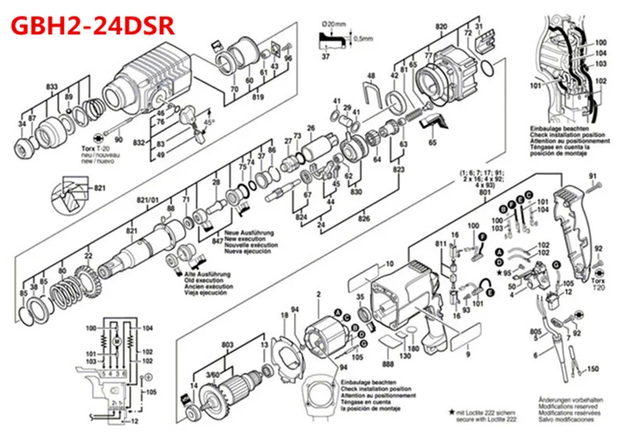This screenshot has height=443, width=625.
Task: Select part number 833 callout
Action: coord(52,85)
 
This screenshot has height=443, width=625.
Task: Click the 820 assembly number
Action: coord(441,27)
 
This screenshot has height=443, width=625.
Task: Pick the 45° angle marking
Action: coord(209,122)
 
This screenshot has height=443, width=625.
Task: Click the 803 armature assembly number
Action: coord(227,345)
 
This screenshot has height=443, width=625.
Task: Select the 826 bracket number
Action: coord(363,220)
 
